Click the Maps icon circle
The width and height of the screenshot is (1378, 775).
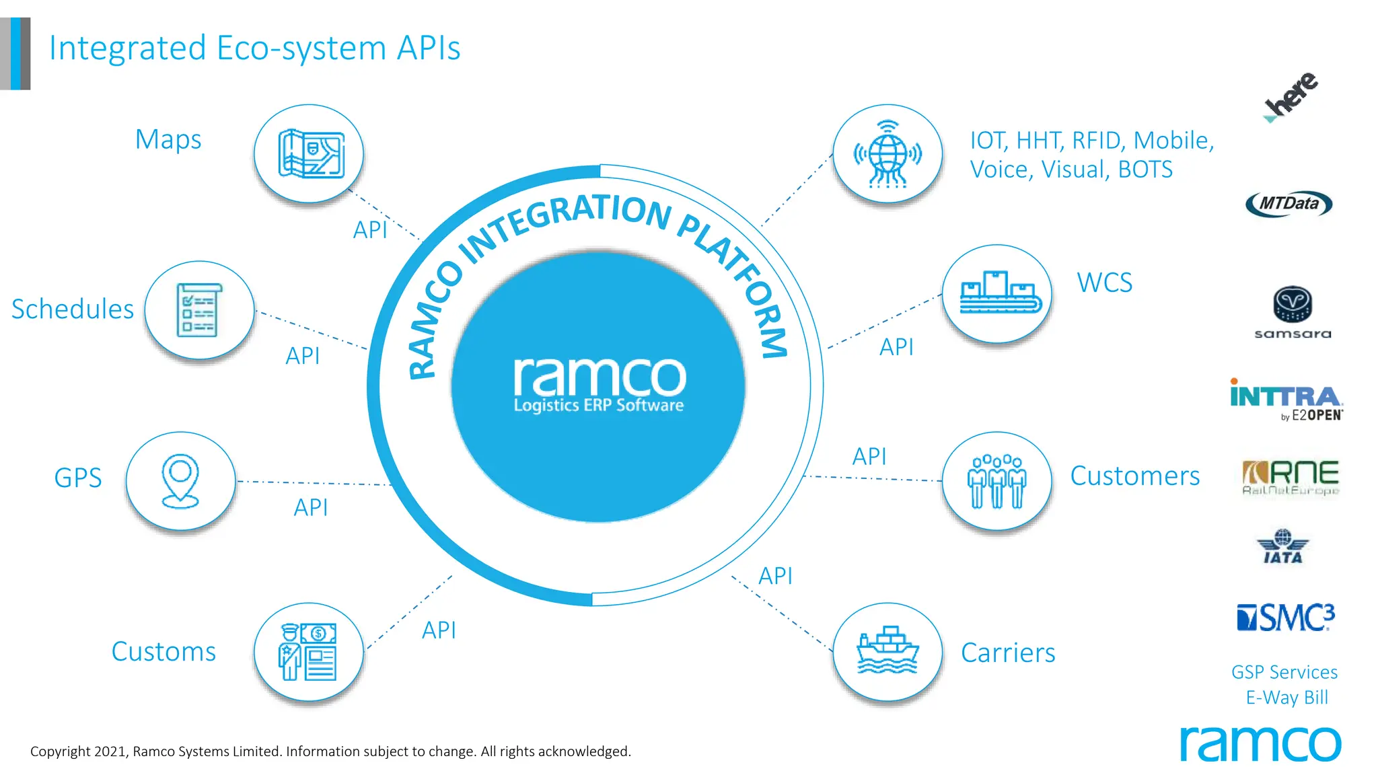(x=309, y=154)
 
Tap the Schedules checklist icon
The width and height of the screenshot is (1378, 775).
(x=199, y=310)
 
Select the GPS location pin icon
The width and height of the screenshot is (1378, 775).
(x=180, y=480)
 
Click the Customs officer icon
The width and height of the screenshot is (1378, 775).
(x=309, y=651)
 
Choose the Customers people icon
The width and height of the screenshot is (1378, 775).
(x=996, y=480)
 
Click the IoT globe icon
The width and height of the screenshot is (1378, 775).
(x=887, y=154)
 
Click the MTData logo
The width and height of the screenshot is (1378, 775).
(x=1289, y=204)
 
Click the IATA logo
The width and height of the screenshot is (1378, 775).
(x=1282, y=546)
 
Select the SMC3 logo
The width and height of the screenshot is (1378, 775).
(x=1285, y=617)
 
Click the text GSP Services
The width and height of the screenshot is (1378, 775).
(x=1284, y=672)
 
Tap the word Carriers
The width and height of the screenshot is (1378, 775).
(x=1008, y=653)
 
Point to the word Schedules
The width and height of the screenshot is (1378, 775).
(x=73, y=309)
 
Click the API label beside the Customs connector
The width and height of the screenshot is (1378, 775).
(x=439, y=630)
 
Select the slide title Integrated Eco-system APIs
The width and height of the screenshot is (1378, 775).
(x=254, y=48)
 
